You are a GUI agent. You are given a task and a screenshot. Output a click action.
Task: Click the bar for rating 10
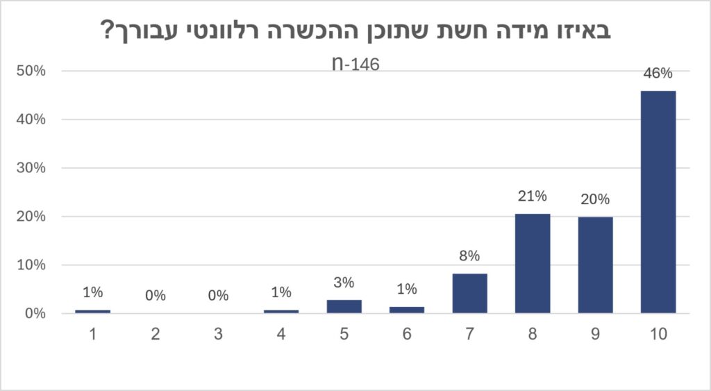coord(658,202)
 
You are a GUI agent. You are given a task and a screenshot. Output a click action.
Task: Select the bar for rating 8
coord(533,263)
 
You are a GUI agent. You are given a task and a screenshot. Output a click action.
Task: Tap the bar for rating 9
coord(595,265)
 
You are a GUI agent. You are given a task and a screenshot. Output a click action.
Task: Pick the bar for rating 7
coord(470,294)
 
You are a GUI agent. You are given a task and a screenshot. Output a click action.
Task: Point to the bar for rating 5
coord(344,307)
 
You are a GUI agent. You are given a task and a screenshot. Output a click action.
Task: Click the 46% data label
coord(658,73)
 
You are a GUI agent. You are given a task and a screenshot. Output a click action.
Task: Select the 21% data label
coord(533,196)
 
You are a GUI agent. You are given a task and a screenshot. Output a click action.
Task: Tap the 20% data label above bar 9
coord(595,199)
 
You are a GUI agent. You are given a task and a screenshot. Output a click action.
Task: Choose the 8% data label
coord(470,256)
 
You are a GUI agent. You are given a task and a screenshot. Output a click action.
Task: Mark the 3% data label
coord(344,282)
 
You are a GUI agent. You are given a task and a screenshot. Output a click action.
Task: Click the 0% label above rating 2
coord(156,296)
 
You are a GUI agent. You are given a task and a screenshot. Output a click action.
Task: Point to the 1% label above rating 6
coord(407,289)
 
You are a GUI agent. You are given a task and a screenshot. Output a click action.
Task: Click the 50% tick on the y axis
coord(31,71)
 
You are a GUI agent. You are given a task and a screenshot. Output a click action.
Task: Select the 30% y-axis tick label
coord(31,168)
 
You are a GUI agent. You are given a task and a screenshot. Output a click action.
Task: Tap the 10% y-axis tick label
coord(31,265)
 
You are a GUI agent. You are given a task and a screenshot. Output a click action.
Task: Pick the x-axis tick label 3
coord(219,334)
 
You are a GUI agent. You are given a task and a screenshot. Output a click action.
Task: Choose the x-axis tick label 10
coord(658,334)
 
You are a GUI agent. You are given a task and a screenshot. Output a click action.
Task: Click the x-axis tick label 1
coord(93,334)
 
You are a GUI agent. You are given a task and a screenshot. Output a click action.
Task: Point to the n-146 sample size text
coord(356,64)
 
